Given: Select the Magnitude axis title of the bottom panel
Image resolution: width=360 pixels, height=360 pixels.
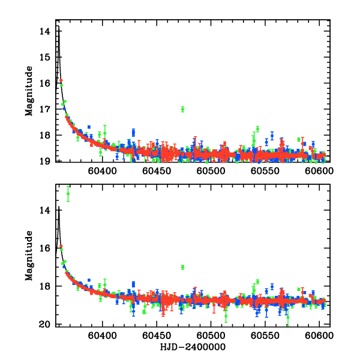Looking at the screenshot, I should (x=29, y=259).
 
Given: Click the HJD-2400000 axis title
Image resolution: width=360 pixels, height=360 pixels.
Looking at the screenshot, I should (x=194, y=347).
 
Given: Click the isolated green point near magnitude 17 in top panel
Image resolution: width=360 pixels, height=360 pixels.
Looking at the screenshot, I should (x=182, y=109).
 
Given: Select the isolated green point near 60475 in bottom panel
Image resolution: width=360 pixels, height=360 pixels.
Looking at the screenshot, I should (x=182, y=267).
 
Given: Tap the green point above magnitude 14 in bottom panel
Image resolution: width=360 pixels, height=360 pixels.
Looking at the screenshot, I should (x=68, y=193).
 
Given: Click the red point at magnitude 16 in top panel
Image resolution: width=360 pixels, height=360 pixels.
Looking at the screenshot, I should (x=61, y=80).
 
